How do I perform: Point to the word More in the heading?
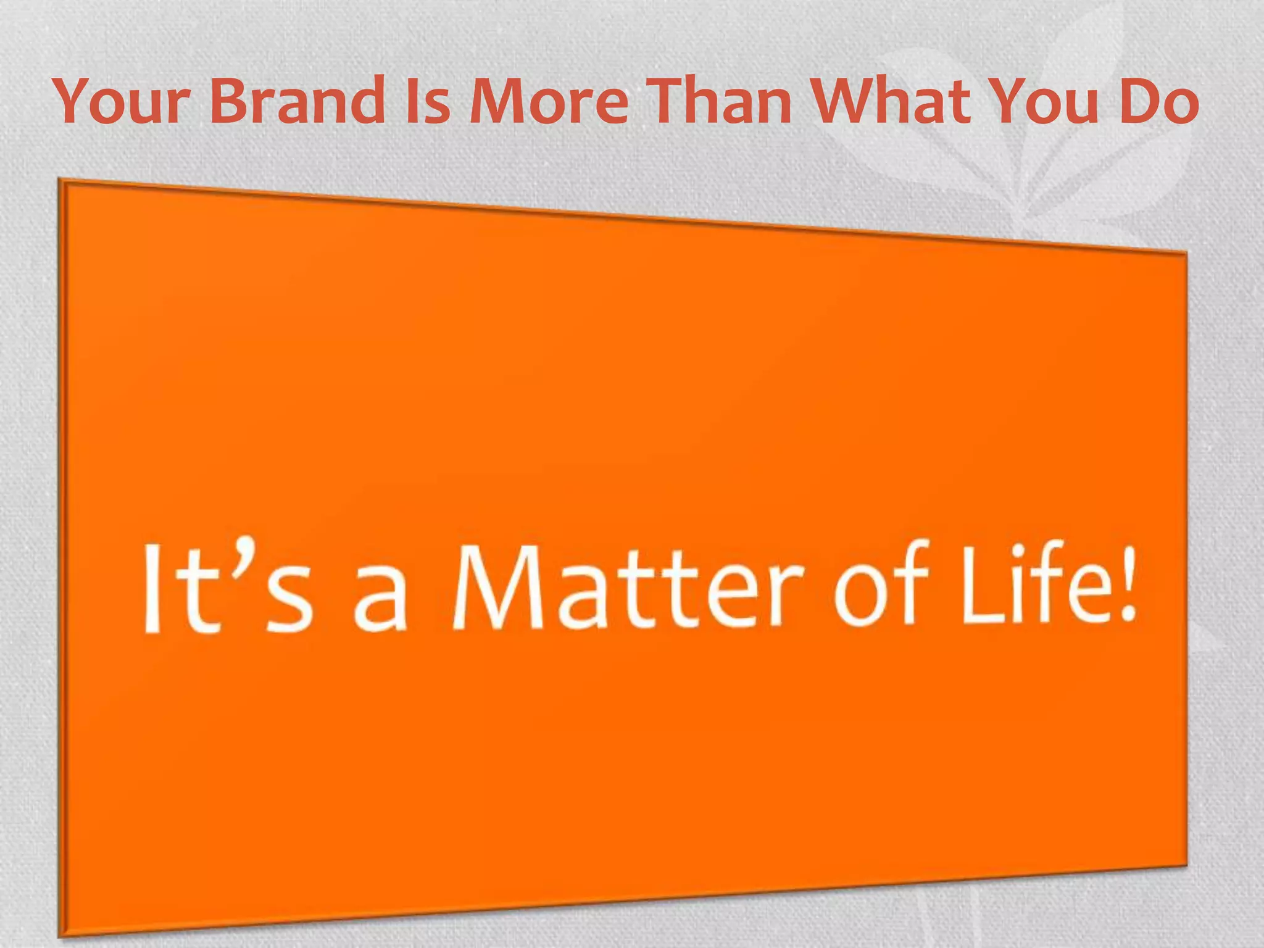click(x=549, y=101)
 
